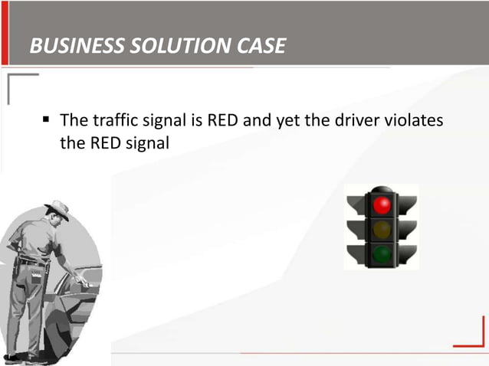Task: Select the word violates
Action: point(413,120)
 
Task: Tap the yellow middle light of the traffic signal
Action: point(382,228)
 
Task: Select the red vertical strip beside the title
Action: point(6,44)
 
